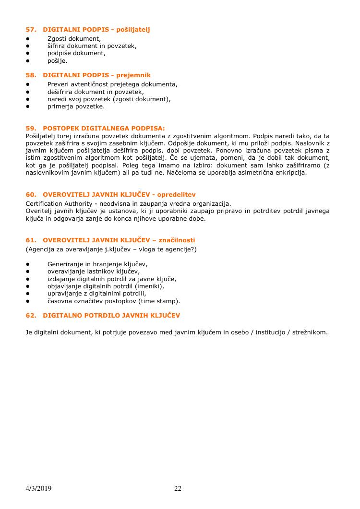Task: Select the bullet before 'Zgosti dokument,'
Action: [28, 38]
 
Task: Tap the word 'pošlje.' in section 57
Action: [57, 61]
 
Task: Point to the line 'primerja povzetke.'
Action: [76, 107]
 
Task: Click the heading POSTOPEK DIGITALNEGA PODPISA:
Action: [103, 128]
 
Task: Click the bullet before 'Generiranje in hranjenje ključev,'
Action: [28, 264]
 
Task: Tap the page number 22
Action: [178, 489]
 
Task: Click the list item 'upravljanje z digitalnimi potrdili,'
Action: [96, 294]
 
